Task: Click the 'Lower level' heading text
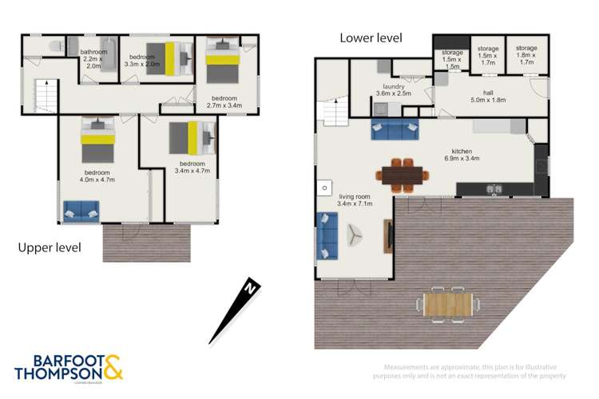371,38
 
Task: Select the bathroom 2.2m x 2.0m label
93,59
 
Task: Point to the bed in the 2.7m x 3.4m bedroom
220,61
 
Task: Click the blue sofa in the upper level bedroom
81,211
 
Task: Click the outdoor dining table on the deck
448,304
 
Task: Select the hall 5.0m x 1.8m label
487,96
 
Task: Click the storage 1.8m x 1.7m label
526,53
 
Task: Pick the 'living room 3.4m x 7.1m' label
356,200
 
